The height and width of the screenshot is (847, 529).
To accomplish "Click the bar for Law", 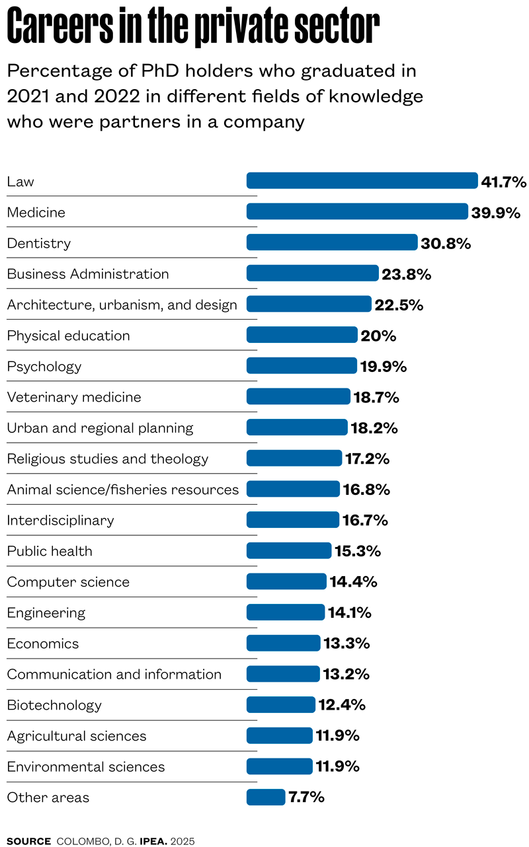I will [x=362, y=181].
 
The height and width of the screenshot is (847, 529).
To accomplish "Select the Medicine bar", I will [x=357, y=211].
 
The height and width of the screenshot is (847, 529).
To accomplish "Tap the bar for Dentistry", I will [x=332, y=242].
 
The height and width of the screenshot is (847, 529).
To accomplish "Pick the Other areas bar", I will [x=266, y=797].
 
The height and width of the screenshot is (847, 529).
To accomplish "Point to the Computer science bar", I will [x=286, y=581].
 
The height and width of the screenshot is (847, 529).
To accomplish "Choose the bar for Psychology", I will [x=302, y=366].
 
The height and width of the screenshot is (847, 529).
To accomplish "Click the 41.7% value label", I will [x=503, y=182].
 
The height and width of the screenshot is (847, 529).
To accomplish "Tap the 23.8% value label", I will [x=406, y=274].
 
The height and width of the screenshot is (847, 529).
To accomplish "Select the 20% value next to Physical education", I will [x=378, y=336].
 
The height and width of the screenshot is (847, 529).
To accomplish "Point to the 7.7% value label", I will [x=306, y=797].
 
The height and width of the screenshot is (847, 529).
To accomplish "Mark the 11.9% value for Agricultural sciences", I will [x=337, y=736].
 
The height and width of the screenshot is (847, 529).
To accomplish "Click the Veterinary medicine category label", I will [x=74, y=397].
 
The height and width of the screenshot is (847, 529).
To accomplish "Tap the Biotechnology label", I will [x=54, y=705].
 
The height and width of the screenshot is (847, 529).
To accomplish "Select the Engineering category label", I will [x=46, y=613].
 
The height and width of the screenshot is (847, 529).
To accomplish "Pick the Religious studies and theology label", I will [x=108, y=459].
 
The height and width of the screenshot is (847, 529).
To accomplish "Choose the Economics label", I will [x=43, y=644].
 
